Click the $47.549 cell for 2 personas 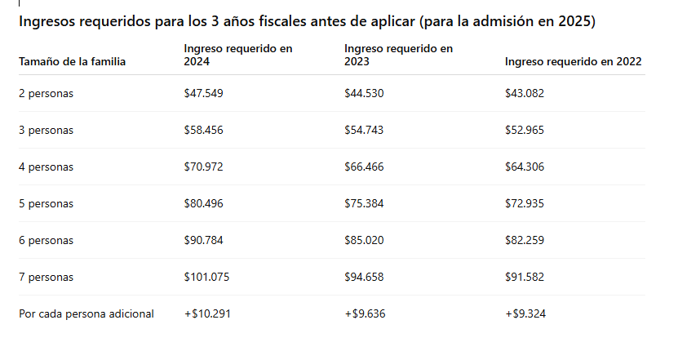(203, 93)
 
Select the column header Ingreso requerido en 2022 (573, 61)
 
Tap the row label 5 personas (46, 203)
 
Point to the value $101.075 (206, 277)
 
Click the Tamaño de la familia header (72, 61)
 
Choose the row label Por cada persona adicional (86, 313)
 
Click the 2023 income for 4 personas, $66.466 (364, 167)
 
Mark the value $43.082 (525, 93)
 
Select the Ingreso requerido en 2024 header (237, 55)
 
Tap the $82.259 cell (525, 240)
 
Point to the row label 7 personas (46, 277)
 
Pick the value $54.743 (364, 130)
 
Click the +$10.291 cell (206, 313)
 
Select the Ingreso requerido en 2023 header (398, 55)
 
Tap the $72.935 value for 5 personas (525, 203)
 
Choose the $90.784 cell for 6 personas (203, 240)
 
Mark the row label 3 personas (46, 130)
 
